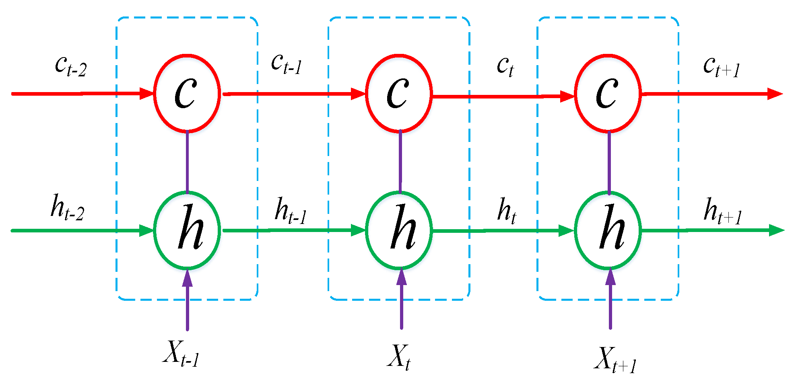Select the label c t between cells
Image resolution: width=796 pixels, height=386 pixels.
point(505,66)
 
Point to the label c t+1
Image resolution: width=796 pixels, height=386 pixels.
point(722,66)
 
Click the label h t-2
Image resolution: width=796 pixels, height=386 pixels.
point(67,208)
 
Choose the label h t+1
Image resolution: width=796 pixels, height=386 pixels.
point(723,211)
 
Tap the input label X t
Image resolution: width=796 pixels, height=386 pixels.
point(399,357)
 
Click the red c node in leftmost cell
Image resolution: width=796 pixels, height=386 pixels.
point(187,93)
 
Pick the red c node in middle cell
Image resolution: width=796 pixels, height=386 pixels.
point(399,93)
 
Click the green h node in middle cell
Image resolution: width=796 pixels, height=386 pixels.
point(399,230)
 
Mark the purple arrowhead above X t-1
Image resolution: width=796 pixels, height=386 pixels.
point(187,278)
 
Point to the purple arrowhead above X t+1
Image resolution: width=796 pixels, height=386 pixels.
point(610,277)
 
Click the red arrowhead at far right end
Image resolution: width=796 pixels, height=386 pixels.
point(774,94)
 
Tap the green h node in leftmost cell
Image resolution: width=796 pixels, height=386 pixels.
point(187,230)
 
